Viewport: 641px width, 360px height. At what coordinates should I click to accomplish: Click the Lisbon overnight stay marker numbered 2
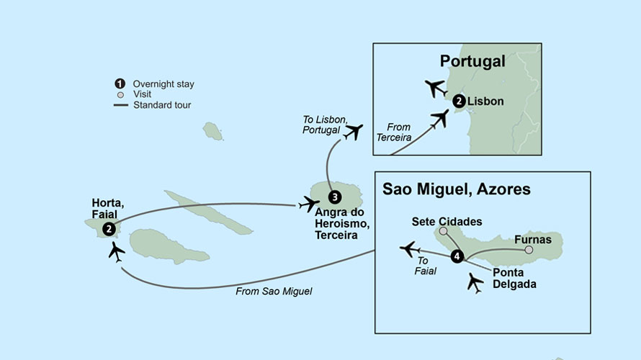point(459,102)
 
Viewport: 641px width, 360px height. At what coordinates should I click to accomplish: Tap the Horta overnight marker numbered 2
point(109,229)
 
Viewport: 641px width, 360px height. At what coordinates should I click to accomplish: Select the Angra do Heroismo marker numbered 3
point(334,197)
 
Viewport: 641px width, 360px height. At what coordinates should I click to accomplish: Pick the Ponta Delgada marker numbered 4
point(456,256)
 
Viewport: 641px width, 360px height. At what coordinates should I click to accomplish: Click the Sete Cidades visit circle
point(443,231)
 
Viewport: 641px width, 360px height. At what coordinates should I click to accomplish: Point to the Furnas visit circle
point(529,250)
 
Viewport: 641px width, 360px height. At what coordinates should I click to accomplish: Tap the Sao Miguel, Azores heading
point(457,189)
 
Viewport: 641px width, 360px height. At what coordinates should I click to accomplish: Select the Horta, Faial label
point(108,209)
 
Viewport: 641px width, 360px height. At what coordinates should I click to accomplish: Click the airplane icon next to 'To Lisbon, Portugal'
point(353,132)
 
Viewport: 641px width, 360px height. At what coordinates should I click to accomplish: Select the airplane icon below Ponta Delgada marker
point(475,282)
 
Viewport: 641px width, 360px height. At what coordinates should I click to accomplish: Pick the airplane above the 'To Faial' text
point(410,249)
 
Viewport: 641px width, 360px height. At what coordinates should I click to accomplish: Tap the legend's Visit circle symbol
point(120,95)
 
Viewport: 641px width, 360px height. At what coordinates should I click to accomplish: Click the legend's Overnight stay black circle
point(120,84)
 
